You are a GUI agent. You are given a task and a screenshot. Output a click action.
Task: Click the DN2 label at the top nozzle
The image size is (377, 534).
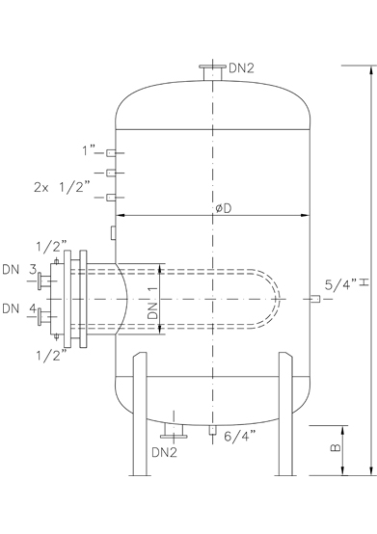pyautogui.click(x=241, y=68)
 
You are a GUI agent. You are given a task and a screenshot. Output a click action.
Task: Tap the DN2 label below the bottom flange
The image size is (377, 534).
pyautogui.click(x=165, y=453)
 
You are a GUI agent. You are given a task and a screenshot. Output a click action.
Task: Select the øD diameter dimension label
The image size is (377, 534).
pyautogui.click(x=223, y=208)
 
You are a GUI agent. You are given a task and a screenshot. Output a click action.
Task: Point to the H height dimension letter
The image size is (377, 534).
pyautogui.click(x=364, y=282)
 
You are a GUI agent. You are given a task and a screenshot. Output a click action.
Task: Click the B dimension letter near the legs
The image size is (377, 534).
pyautogui.click(x=336, y=447)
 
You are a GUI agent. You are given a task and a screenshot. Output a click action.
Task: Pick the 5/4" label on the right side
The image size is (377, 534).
pyautogui.click(x=340, y=284)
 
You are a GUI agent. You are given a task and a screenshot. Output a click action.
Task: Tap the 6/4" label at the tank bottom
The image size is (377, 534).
pyautogui.click(x=240, y=436)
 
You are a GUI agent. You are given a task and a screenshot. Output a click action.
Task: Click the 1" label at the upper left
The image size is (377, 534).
pyautogui.click(x=89, y=150)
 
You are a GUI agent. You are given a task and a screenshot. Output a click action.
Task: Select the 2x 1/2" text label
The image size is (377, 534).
pyautogui.click(x=62, y=187)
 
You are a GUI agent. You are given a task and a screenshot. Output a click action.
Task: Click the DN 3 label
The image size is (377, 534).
pyautogui.click(x=19, y=269)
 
